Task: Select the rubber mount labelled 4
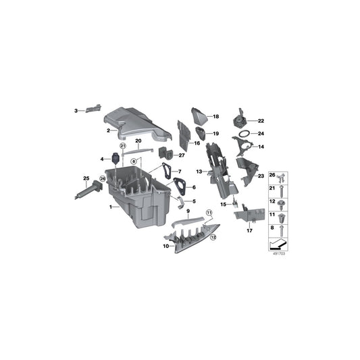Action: [x=115, y=159]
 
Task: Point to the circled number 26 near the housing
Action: [x=103, y=180]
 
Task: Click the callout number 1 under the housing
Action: [x=111, y=207]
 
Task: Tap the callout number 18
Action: [x=216, y=117]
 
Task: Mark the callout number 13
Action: [x=199, y=171]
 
